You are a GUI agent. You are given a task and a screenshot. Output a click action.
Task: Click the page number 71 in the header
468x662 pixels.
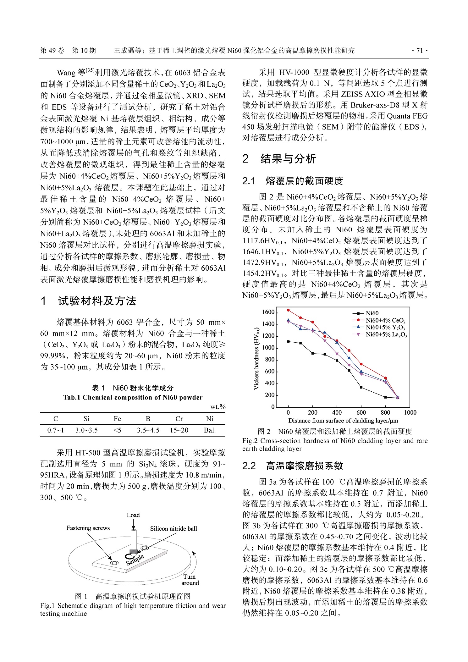pyautogui.click(x=419, y=51)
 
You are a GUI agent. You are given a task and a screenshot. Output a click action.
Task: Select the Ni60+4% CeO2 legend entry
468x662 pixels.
pyautogui.click(x=385, y=320)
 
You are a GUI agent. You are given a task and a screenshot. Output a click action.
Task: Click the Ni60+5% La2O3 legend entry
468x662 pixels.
pyautogui.click(x=386, y=335)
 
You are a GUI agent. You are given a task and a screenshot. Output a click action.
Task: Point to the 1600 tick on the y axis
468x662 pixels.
pyautogui.click(x=268, y=312)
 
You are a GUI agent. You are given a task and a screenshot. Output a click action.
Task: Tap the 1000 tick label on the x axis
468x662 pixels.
pyautogui.click(x=410, y=412)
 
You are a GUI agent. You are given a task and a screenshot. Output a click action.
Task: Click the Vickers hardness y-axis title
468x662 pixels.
pyautogui.click(x=256, y=358)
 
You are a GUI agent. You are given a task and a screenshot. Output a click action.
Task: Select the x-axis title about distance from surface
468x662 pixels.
pyautogui.click(x=343, y=421)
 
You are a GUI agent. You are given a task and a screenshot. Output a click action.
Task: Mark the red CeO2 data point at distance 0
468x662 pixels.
pyautogui.click(x=288, y=310)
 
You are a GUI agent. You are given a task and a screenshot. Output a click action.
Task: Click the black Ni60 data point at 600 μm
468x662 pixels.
pyautogui.click(x=361, y=387)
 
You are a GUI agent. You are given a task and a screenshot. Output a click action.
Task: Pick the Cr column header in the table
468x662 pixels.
pyautogui.click(x=179, y=419)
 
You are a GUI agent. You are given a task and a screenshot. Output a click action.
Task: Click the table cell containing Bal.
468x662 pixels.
pyautogui.click(x=210, y=430)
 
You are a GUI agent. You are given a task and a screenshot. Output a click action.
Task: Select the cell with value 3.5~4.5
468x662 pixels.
pyautogui.click(x=148, y=430)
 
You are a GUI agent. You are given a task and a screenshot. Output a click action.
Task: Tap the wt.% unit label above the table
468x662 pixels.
pyautogui.click(x=218, y=407)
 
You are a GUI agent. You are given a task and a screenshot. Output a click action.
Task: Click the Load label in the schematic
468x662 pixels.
pyautogui.click(x=133, y=515)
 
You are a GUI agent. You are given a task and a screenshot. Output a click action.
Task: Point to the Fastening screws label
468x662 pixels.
pyautogui.click(x=88, y=528)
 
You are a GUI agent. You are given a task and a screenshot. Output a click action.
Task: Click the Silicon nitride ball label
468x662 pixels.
pyautogui.click(x=173, y=528)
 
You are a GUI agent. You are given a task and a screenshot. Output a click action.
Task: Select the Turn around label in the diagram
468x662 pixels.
pyautogui.click(x=190, y=580)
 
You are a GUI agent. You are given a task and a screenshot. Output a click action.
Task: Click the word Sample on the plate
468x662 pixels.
pyautogui.click(x=135, y=560)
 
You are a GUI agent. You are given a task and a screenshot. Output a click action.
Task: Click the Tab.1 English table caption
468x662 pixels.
pyautogui.click(x=133, y=397)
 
